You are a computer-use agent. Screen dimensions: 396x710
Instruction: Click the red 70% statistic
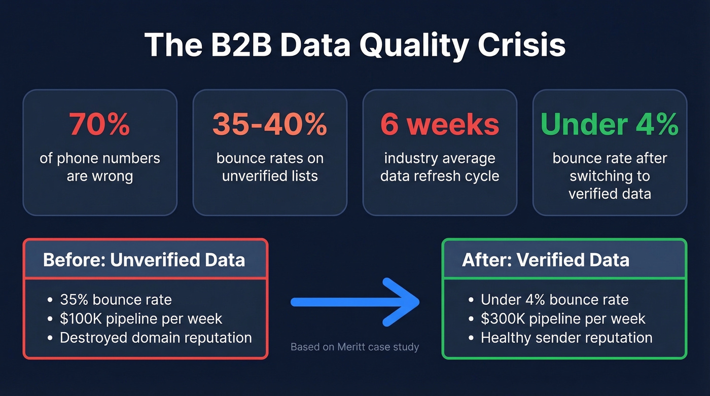pos(100,124)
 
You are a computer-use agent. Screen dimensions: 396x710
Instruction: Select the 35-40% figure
pos(270,124)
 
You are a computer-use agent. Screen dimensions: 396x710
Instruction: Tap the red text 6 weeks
pos(440,124)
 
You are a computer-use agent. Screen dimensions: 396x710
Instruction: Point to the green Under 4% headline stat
pos(610,124)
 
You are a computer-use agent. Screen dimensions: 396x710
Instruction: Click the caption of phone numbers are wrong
pos(100,167)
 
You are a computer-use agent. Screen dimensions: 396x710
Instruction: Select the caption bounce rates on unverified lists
pos(270,167)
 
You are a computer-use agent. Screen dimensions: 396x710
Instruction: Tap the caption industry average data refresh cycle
pos(440,167)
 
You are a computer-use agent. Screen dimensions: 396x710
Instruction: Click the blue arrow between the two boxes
pos(355,302)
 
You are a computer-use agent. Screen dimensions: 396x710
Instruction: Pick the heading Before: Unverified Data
pos(144,260)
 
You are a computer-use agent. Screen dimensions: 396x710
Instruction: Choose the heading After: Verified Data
pos(546,260)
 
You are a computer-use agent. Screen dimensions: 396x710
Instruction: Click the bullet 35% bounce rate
pos(116,300)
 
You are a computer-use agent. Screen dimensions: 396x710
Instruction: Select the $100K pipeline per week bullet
pos(141,319)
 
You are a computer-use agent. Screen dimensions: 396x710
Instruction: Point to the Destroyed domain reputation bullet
pos(156,338)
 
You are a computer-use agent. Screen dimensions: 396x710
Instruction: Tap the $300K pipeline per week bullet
pos(563,319)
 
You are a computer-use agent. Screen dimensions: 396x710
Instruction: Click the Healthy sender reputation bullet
pos(566,338)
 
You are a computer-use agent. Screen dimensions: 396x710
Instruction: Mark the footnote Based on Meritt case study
pos(355,347)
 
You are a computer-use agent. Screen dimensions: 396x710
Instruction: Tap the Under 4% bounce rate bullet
pos(555,300)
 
